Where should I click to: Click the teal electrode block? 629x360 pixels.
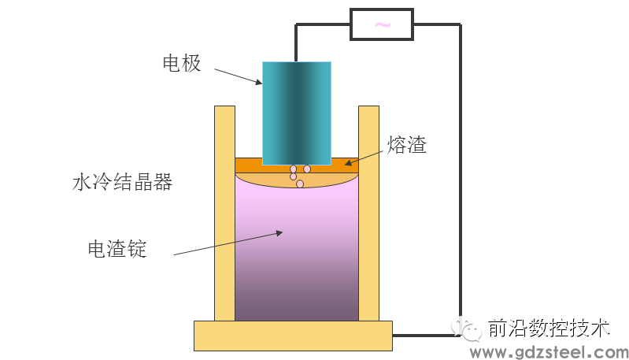point(297,113)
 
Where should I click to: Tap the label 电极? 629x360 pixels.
point(182,63)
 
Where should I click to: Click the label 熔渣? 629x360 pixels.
point(407,144)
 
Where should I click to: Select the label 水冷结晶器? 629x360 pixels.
point(122,182)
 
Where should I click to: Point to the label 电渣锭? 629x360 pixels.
point(117,249)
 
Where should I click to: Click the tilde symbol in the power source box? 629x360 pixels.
point(383,25)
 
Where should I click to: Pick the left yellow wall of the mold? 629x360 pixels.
point(224,213)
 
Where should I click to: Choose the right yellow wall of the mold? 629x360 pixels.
point(368,213)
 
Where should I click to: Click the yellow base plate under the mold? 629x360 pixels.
point(293,336)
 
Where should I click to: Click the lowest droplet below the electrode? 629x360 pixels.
point(300,184)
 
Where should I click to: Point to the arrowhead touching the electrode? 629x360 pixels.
point(259,82)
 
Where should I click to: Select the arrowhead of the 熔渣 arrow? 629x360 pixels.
point(348,162)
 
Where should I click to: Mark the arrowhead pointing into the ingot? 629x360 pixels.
point(279,232)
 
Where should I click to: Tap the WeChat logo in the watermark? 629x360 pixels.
point(466,329)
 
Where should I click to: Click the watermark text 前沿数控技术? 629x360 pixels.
point(549,328)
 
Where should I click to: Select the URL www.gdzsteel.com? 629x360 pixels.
point(549,352)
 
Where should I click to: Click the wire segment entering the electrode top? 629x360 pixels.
point(296,43)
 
